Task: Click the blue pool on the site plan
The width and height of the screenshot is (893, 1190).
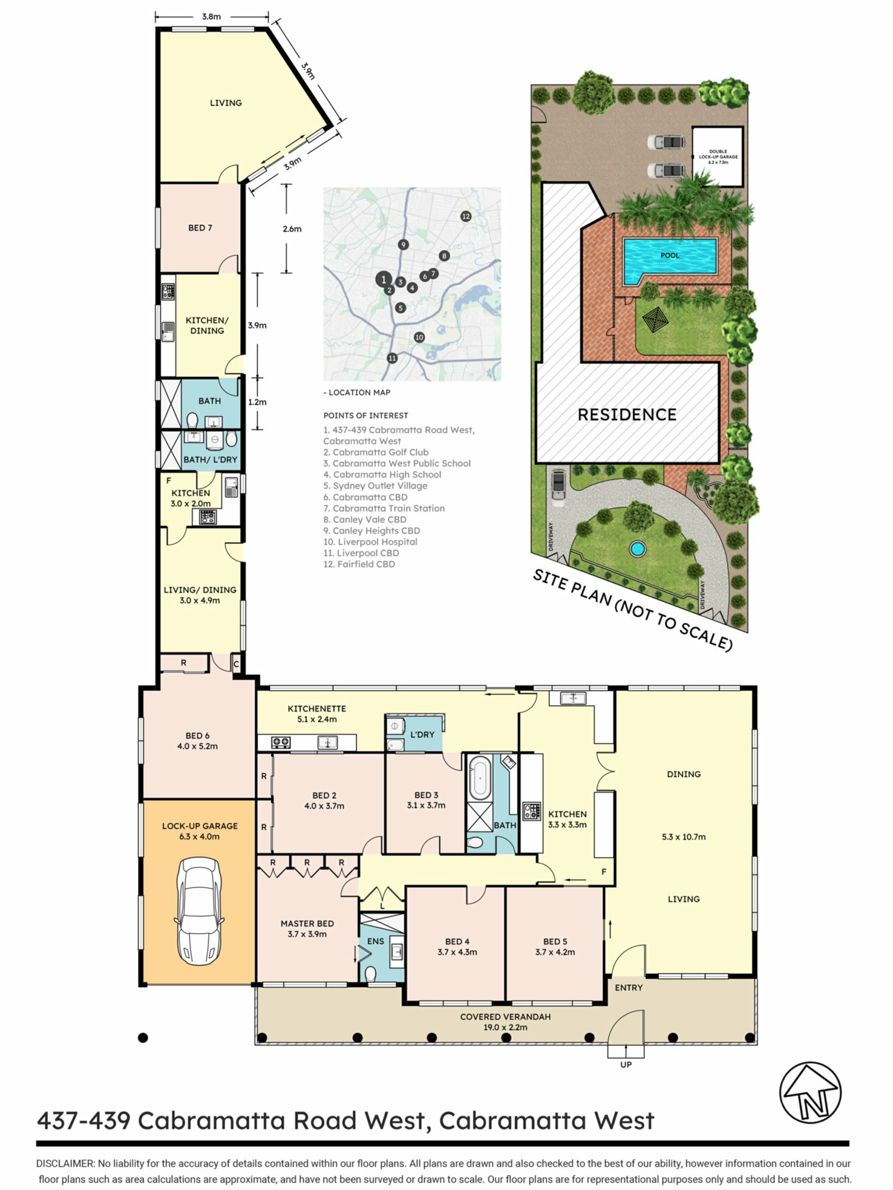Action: (670, 261)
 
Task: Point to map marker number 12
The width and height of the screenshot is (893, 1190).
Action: (466, 216)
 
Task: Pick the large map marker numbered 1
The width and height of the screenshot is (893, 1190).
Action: (383, 279)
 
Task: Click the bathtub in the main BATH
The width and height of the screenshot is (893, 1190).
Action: (480, 778)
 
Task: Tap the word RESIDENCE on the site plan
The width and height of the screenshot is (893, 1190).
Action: (627, 415)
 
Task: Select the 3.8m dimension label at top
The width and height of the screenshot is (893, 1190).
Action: (212, 17)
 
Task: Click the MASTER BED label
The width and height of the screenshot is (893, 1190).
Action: (307, 924)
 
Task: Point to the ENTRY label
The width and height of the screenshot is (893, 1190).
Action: (629, 988)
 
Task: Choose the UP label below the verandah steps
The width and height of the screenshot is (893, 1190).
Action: (626, 1064)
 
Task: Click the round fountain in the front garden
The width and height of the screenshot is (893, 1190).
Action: (637, 549)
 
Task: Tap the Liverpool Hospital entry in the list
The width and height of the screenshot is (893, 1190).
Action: (370, 542)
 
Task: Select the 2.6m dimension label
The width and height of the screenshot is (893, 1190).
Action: (292, 229)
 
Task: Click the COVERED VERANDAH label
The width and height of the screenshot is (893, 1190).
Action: (506, 1017)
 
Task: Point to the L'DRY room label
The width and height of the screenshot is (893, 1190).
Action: (422, 734)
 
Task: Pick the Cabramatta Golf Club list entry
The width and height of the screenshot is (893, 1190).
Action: (376, 452)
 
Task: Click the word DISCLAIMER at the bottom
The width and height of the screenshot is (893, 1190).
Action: (65, 1164)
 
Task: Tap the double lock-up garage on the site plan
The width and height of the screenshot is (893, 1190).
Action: (718, 157)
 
